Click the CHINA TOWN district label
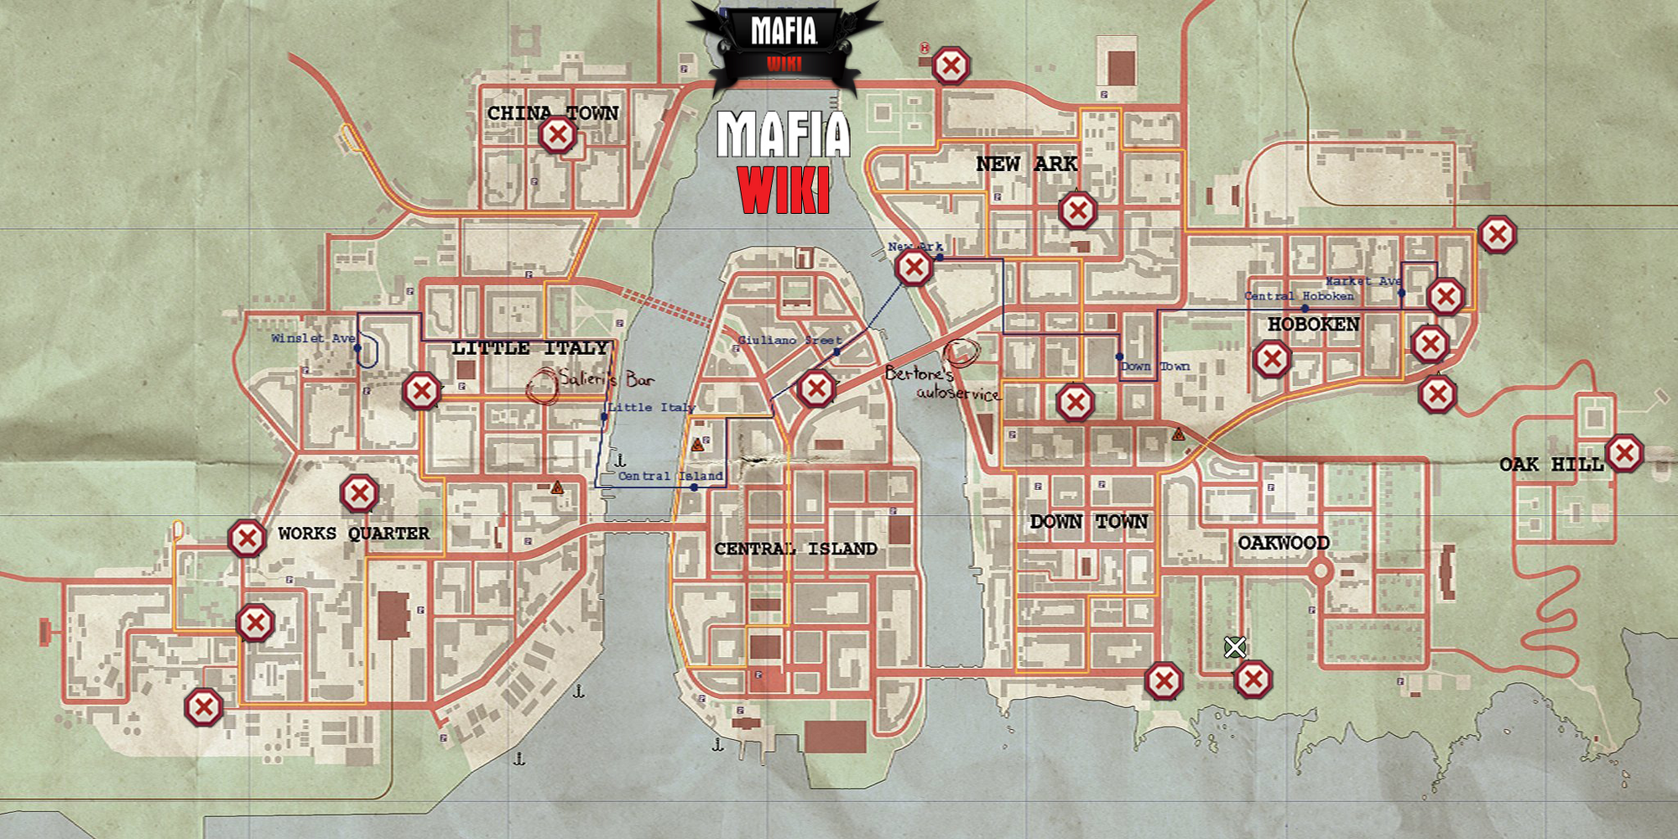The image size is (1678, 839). point(553,113)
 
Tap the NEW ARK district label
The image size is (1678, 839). point(1026,164)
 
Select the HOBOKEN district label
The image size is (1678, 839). point(1313,324)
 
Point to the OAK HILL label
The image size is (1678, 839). point(1551,464)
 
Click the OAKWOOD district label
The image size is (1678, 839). point(1283,543)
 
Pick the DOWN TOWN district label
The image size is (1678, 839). point(1088,522)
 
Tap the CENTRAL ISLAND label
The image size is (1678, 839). point(795,549)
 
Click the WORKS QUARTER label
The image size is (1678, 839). point(353,534)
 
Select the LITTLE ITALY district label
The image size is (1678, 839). point(529,348)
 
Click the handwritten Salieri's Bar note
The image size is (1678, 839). point(606,379)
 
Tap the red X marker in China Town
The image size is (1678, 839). point(558,134)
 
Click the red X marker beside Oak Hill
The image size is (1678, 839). point(1624,454)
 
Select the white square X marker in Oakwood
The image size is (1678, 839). point(1234,647)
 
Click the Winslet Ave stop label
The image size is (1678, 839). point(312,338)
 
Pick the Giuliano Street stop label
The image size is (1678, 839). point(789,340)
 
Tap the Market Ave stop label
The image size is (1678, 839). point(1363,281)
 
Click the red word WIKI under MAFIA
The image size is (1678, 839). point(784,190)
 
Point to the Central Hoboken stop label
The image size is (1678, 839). point(1299,296)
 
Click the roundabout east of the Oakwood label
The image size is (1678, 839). point(1321,572)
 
